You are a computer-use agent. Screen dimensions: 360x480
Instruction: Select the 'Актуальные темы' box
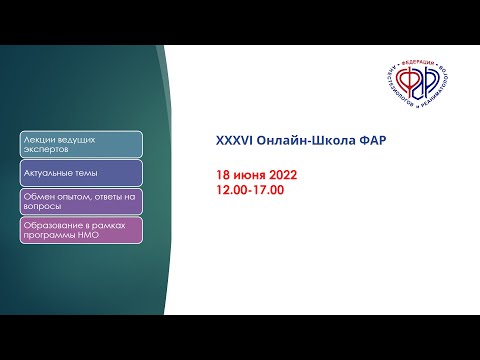point(79,173)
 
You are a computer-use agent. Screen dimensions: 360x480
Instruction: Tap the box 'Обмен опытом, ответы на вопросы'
point(79,201)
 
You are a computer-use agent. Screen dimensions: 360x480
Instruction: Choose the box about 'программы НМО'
point(79,230)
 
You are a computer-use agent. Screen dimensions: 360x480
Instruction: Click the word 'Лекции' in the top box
point(37,138)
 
